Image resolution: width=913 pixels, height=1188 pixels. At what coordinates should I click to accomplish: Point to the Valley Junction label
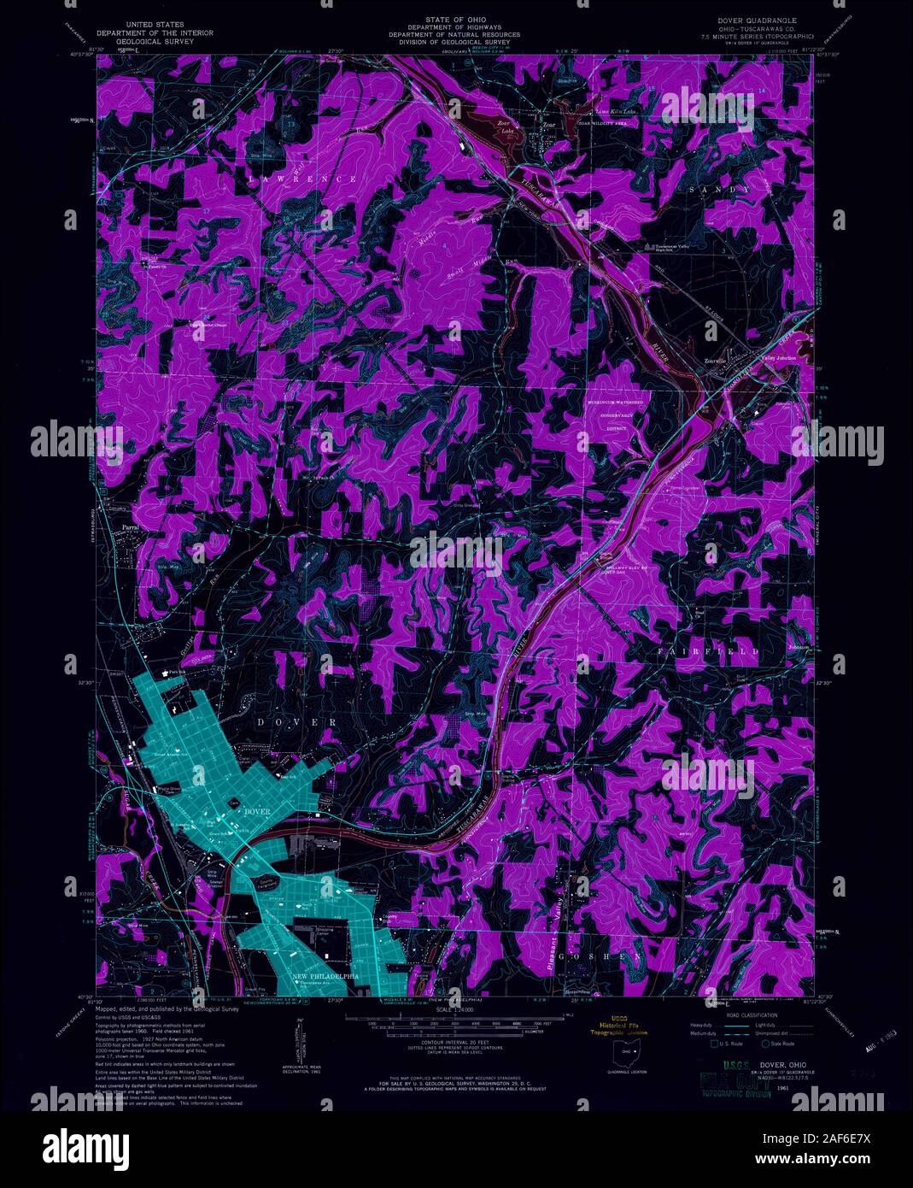point(778,358)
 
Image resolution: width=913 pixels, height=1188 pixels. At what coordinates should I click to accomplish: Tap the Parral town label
point(131,527)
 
